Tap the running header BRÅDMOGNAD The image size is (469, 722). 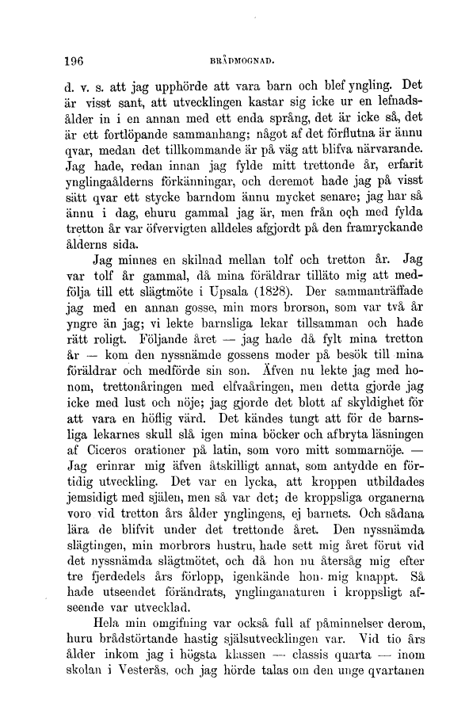point(239,59)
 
